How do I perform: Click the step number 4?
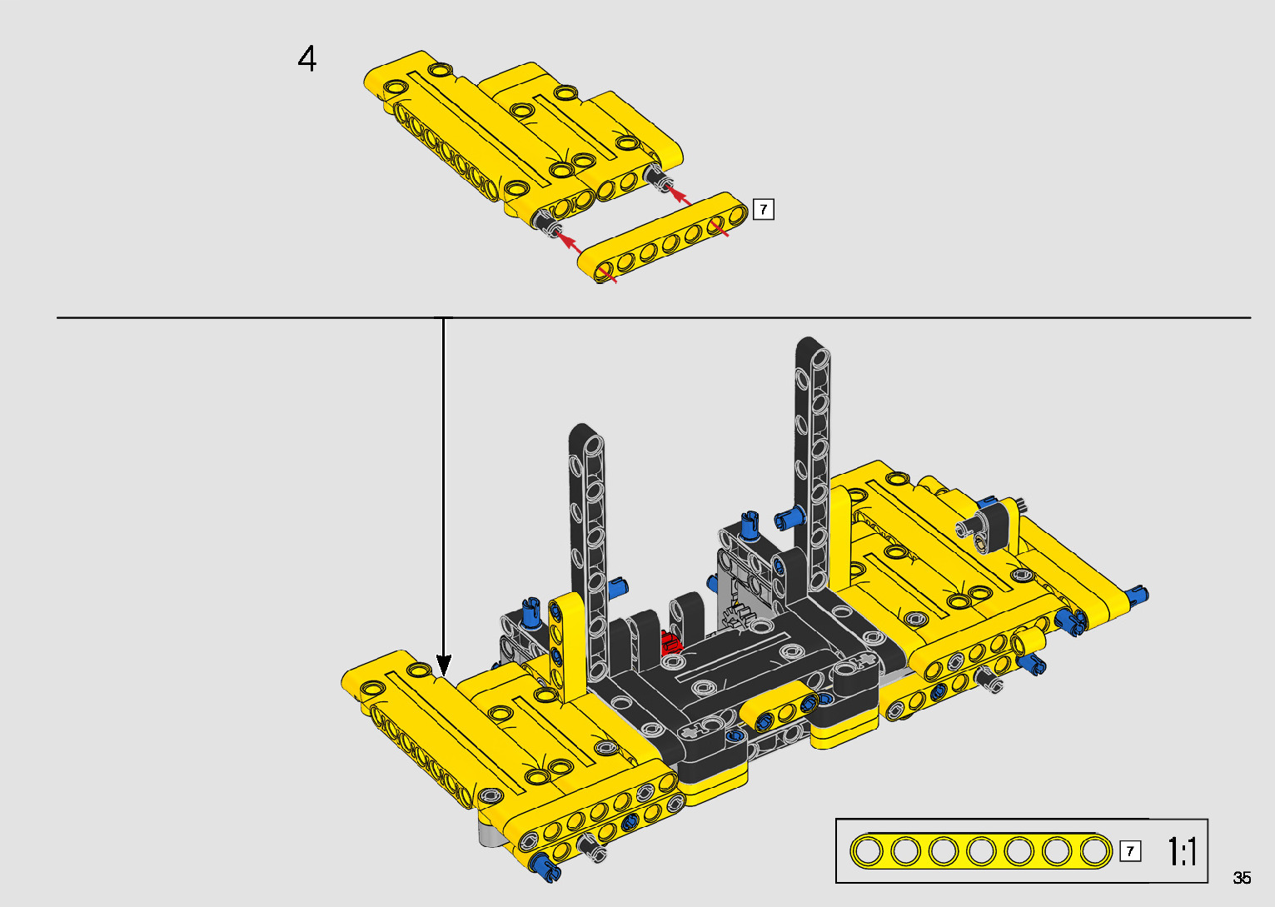pyautogui.click(x=306, y=58)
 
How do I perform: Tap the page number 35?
pyautogui.click(x=1242, y=877)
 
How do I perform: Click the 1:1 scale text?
pyautogui.click(x=1182, y=851)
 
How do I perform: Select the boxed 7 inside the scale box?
pyautogui.click(x=1130, y=851)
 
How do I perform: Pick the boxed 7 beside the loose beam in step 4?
pyautogui.click(x=764, y=210)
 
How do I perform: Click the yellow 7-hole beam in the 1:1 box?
pyautogui.click(x=981, y=851)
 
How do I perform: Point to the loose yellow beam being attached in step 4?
pyautogui.click(x=663, y=237)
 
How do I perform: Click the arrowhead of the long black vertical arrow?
pyautogui.click(x=444, y=665)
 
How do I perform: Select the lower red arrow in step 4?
pyautogui.click(x=568, y=242)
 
